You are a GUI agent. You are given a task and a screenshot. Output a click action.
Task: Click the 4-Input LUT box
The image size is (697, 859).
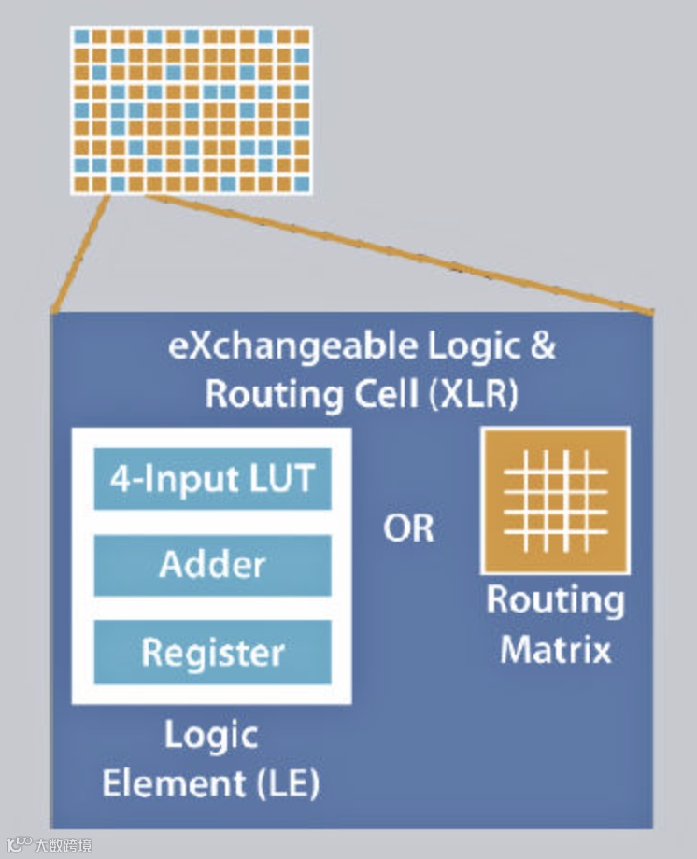(212, 480)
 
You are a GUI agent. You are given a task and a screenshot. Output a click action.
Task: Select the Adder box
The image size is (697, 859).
(212, 565)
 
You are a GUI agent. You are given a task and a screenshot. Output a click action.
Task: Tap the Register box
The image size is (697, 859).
(212, 651)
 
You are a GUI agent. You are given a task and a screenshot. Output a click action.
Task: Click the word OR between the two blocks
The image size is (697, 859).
(409, 529)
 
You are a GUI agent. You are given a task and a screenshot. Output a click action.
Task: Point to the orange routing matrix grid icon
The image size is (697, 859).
(555, 500)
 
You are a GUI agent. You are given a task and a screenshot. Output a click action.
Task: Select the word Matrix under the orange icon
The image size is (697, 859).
(555, 648)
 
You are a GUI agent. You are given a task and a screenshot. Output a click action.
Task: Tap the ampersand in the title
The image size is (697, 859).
(543, 346)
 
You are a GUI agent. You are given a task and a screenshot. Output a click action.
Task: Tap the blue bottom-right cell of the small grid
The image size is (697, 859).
(301, 183)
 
